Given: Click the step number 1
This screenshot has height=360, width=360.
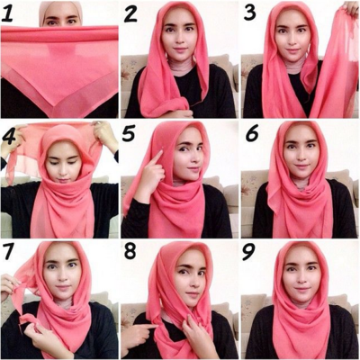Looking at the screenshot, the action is [x=7, y=13].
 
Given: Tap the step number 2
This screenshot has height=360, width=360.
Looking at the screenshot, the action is [x=130, y=13].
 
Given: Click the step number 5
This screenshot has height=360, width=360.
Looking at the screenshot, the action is [x=129, y=133].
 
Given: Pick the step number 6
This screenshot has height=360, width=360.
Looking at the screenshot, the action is [x=252, y=133].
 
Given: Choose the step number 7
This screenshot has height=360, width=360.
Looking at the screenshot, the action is [x=8, y=251].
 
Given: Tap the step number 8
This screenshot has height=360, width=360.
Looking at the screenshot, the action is [x=130, y=251].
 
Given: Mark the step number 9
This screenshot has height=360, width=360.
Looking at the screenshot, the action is [x=249, y=251].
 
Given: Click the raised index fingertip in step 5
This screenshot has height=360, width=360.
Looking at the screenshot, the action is [x=161, y=152].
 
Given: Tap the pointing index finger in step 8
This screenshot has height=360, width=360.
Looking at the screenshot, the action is [x=146, y=327].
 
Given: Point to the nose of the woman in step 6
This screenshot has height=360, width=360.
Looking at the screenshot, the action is [x=301, y=156].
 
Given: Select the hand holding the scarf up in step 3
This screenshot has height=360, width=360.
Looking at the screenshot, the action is [x=350, y=8].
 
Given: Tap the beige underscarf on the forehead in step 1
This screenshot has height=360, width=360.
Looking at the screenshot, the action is [x=60, y=6].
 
